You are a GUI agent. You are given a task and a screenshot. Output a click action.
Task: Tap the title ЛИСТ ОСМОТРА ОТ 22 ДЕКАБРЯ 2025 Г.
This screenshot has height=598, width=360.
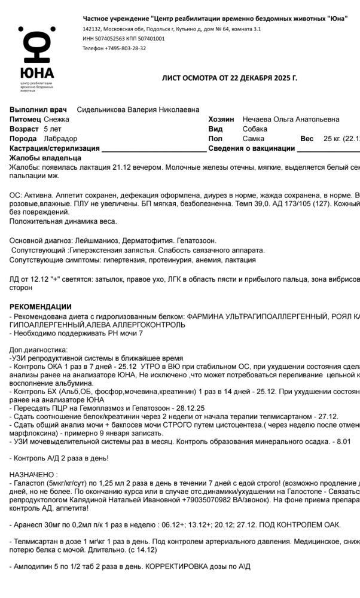[x=230, y=78]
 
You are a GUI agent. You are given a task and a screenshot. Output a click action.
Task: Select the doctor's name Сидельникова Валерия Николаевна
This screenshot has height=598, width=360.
[x=138, y=110]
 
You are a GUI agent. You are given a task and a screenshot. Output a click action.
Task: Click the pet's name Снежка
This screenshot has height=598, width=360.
[x=57, y=120]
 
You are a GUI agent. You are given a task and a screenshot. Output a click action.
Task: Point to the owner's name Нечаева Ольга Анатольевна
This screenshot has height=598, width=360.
[x=291, y=120]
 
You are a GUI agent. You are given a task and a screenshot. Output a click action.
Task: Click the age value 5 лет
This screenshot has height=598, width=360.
[x=53, y=129]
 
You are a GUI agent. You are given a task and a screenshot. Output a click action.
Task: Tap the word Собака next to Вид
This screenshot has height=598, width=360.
[x=255, y=129]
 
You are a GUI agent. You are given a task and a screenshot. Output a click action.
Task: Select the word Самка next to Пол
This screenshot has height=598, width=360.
[x=254, y=139]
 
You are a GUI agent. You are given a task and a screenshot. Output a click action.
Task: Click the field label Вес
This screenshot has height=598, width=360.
[x=307, y=139]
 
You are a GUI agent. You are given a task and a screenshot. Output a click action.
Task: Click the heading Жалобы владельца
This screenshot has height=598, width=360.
[x=45, y=158]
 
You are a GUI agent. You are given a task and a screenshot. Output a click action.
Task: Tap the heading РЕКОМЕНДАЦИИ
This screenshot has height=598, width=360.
[x=40, y=307]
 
